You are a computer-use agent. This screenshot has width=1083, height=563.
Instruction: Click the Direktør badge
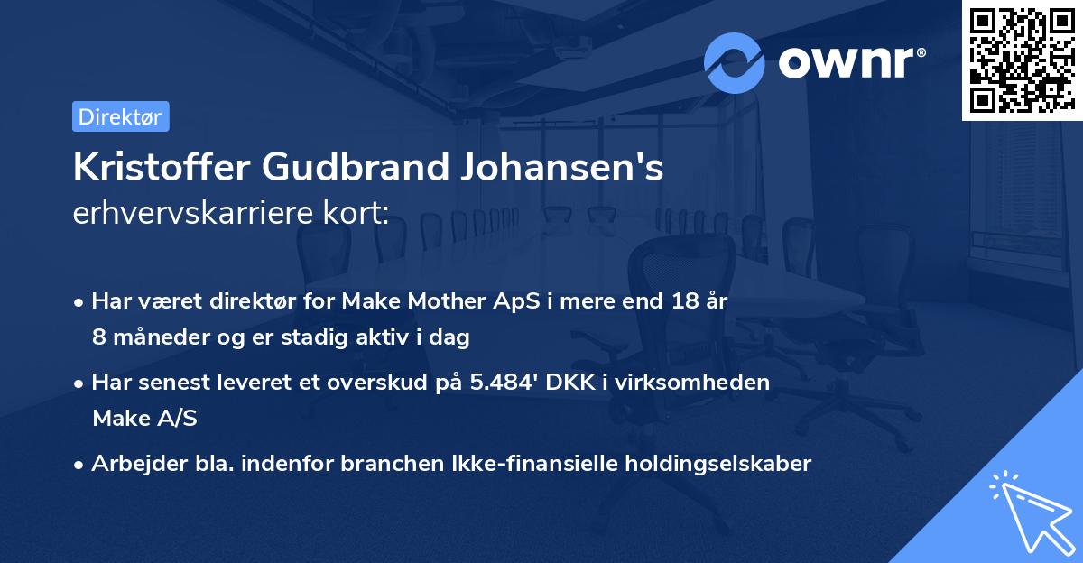tap(120, 116)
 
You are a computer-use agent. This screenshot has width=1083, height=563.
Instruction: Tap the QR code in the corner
tap(1023, 60)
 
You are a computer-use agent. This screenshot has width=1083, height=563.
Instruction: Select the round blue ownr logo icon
tap(735, 62)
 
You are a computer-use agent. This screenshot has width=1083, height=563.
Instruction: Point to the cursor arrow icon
tap(1028, 511)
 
